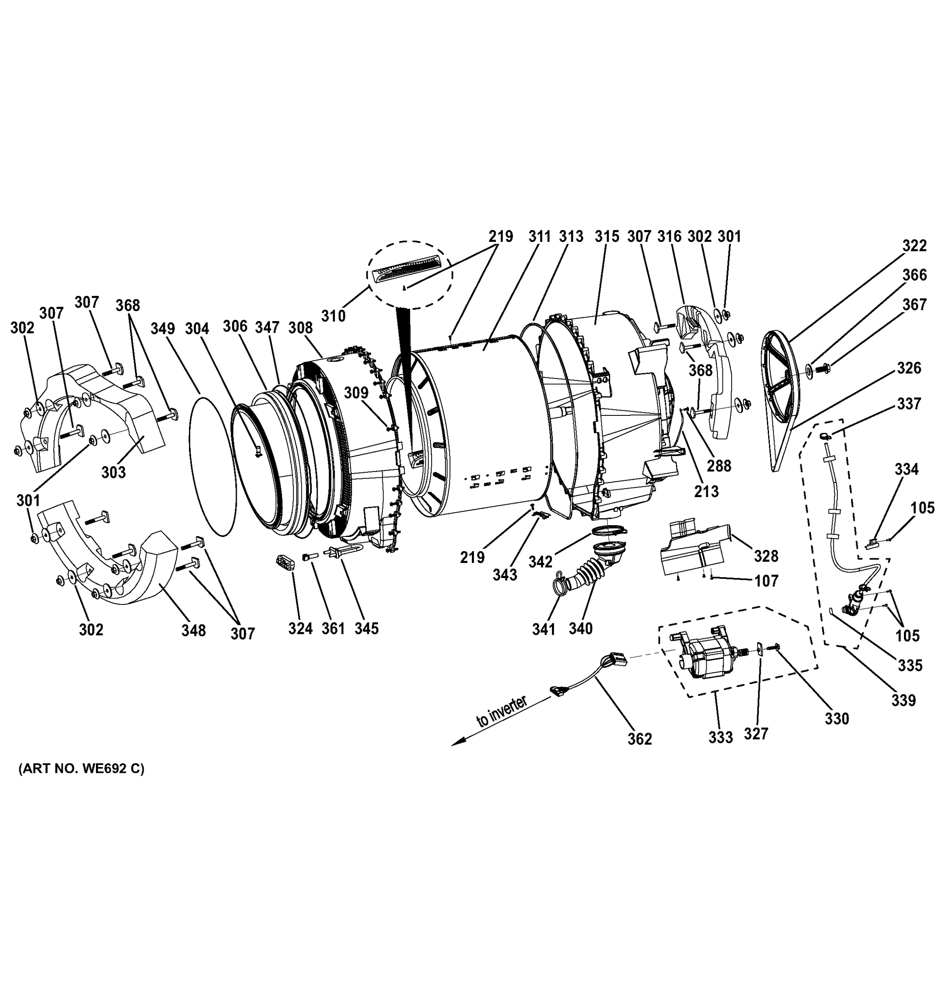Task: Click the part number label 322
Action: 915,246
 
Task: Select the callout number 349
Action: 163,329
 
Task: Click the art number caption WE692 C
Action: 81,769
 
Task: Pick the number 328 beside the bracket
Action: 766,556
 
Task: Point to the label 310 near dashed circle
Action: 334,316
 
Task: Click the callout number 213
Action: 706,491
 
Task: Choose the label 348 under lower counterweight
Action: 194,630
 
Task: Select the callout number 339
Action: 904,700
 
